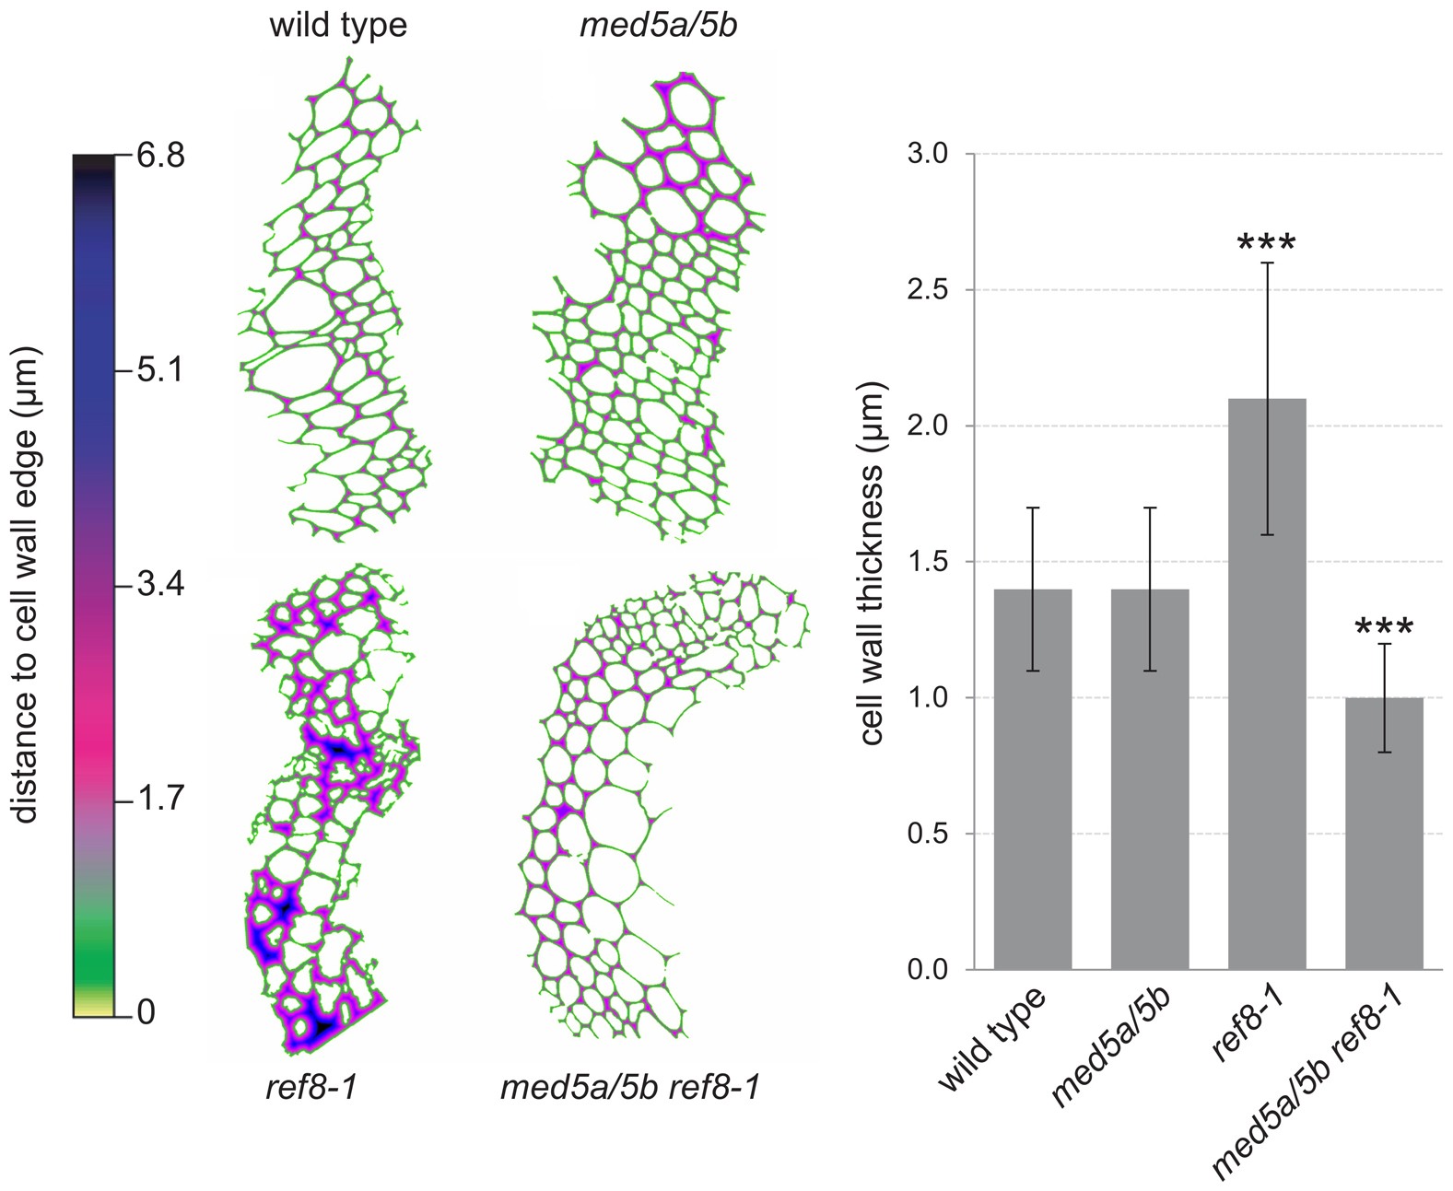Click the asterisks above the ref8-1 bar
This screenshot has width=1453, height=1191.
click(1267, 245)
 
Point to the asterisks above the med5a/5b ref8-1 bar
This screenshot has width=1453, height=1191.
click(1384, 630)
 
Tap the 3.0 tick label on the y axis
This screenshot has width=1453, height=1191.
click(929, 154)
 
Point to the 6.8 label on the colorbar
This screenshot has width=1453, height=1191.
click(160, 157)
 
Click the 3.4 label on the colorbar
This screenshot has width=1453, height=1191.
click(160, 584)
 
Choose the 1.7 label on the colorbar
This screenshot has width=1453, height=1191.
click(160, 799)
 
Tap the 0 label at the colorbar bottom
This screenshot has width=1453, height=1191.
click(146, 1013)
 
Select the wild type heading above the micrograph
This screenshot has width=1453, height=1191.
click(337, 25)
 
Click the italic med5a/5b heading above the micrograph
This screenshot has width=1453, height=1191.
click(658, 25)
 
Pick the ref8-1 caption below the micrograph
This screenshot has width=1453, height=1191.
click(311, 1088)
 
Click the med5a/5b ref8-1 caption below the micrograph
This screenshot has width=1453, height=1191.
click(629, 1088)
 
